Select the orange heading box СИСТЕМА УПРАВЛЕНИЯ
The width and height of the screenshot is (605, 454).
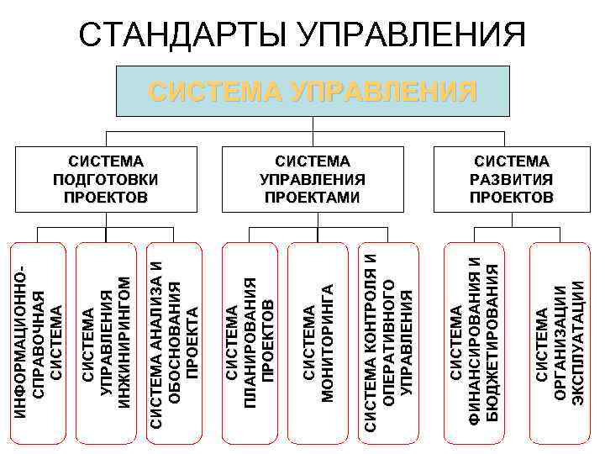tap(313, 91)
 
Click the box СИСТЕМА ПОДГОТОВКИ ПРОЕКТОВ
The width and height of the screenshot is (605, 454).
tap(106, 179)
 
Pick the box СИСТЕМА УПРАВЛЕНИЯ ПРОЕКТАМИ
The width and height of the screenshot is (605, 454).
tap(313, 179)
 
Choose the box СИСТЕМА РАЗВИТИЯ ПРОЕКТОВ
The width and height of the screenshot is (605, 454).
tap(511, 179)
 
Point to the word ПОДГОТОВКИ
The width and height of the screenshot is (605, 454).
tap(106, 179)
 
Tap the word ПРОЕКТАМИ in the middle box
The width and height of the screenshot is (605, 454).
tap(313, 198)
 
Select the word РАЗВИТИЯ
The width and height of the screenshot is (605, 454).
tap(511, 179)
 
